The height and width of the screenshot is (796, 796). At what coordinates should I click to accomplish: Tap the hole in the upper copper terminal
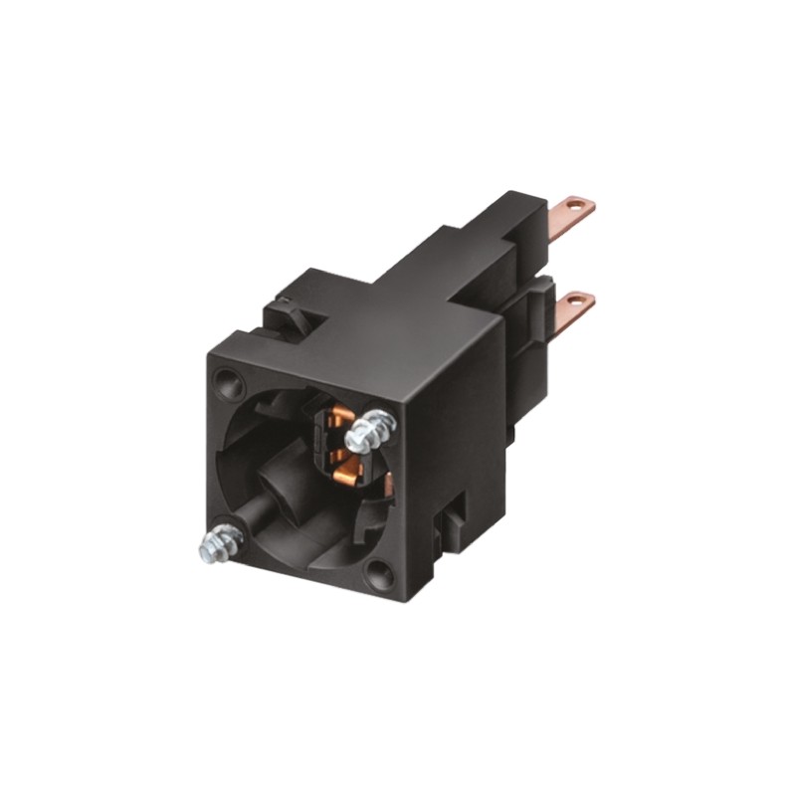(x=576, y=208)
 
